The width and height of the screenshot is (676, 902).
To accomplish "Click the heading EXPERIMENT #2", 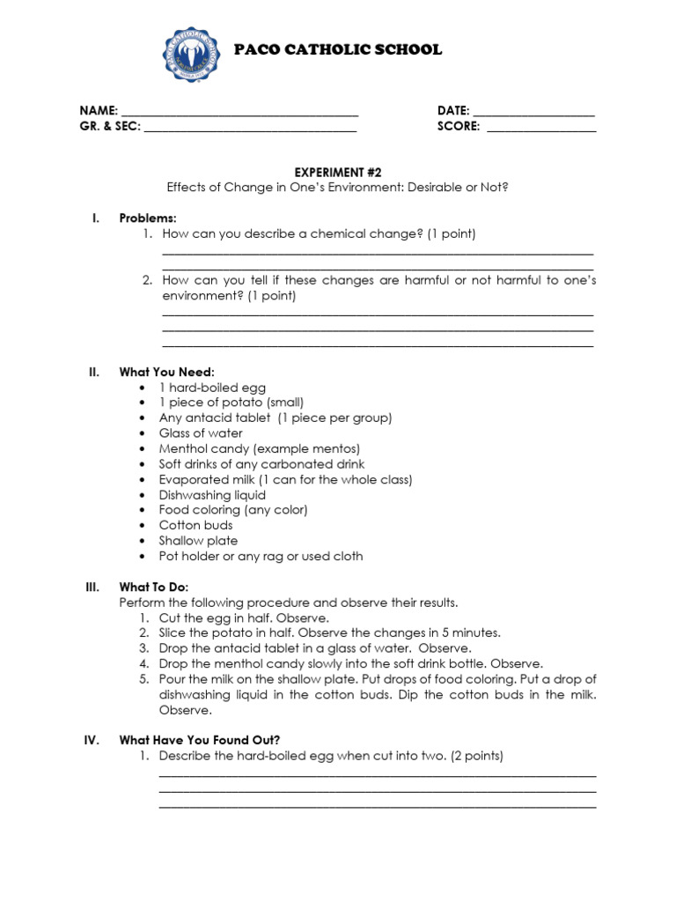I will pyautogui.click(x=338, y=172).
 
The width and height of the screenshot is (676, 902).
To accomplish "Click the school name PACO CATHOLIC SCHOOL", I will pyautogui.click(x=338, y=50).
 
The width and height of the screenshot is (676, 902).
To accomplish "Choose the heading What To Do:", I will pyautogui.click(x=154, y=587).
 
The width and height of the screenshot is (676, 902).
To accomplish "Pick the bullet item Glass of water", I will pyautogui.click(x=201, y=433).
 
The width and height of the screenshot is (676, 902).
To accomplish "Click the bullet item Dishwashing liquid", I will pyautogui.click(x=212, y=495).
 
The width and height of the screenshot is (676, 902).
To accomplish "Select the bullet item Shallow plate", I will pyautogui.click(x=198, y=541).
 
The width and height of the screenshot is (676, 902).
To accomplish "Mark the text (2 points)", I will pyautogui.click(x=476, y=756).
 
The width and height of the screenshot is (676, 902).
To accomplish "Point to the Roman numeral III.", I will pyautogui.click(x=92, y=587).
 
